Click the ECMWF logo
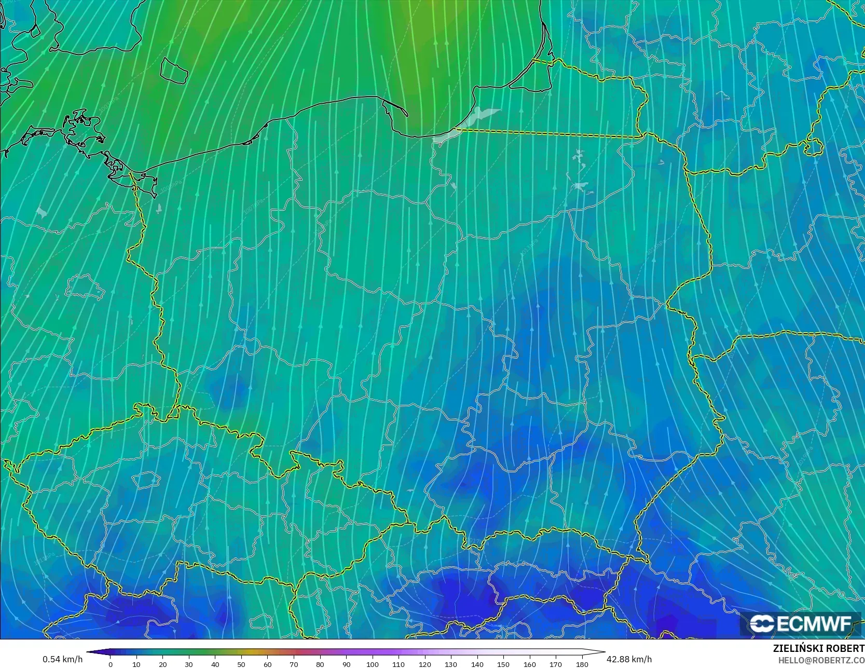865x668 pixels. pos(800,624)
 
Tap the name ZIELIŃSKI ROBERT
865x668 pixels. pos(818,649)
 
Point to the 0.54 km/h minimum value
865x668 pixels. pos(62,659)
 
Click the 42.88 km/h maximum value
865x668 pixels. pos(629,659)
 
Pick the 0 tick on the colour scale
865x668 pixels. pos(111,664)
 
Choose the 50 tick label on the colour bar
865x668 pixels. pos(241,664)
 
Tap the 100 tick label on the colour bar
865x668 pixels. pos(372,664)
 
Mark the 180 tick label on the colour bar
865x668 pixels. pos(582,664)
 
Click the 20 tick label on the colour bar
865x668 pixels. pos(163,664)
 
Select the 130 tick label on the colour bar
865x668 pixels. pos(451,664)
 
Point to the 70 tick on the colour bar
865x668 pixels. pos(294,664)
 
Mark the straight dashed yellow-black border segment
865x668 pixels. pos(550,133)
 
